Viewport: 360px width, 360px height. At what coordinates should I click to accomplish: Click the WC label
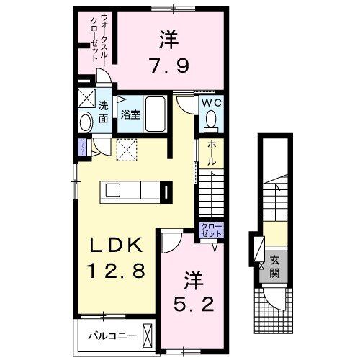pos(210,104)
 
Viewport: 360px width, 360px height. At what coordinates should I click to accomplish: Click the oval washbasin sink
pos(85,121)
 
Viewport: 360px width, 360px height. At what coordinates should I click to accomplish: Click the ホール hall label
pos(212,153)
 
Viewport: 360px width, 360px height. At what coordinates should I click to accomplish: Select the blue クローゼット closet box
pos(212,231)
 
